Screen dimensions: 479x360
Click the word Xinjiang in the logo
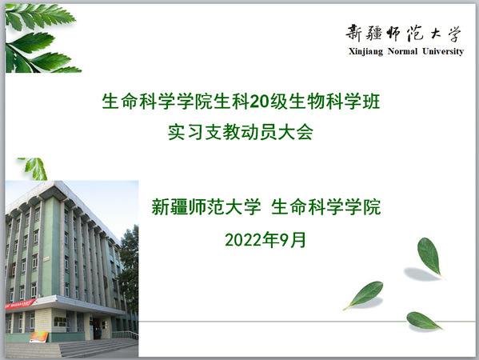click(x=365, y=51)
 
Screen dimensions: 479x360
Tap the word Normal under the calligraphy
click(x=402, y=50)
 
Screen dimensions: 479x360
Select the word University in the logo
click(x=443, y=51)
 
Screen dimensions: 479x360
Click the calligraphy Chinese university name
click(x=403, y=33)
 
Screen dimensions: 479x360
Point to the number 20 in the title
click(x=259, y=102)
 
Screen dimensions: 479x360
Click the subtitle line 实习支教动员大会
click(x=241, y=132)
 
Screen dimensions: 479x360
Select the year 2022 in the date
click(x=245, y=240)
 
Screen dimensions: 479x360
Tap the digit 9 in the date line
click(x=285, y=240)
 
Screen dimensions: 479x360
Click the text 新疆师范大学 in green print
click(x=206, y=207)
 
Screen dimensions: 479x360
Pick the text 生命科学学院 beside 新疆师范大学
click(x=326, y=207)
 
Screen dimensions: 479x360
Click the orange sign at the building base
click(x=39, y=337)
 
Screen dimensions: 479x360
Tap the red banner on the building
click(x=20, y=304)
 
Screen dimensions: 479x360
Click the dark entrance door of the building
click(x=97, y=329)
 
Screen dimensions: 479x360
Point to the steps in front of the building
click(x=72, y=349)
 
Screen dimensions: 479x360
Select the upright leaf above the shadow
click(x=429, y=257)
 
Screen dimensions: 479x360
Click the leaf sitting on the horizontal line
click(x=423, y=321)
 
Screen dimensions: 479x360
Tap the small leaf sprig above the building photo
click(x=34, y=169)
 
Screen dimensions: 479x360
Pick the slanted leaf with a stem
click(x=364, y=294)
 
